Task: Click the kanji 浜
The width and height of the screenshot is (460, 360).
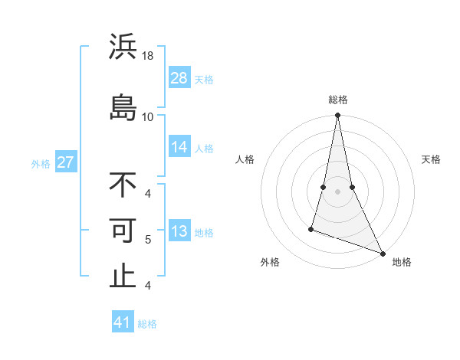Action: [x=123, y=47]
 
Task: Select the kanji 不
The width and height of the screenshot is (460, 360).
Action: [x=123, y=185]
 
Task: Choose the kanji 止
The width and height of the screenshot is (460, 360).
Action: [x=123, y=276]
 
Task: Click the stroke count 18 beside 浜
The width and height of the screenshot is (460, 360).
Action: [x=149, y=57]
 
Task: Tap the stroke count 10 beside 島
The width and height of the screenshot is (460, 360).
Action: [x=148, y=116]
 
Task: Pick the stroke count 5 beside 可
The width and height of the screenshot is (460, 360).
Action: [x=148, y=239]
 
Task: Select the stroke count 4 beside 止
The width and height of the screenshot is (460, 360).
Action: [x=148, y=286]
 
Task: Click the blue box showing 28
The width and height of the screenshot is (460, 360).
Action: [x=179, y=78]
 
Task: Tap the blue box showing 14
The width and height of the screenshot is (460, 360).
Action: [x=179, y=147]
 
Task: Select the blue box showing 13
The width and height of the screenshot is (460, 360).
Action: [x=179, y=231]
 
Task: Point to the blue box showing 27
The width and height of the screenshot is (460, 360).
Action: [x=66, y=162]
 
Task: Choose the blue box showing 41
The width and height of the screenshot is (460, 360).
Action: [x=123, y=322]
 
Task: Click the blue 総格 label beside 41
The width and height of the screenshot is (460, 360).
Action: [x=147, y=324]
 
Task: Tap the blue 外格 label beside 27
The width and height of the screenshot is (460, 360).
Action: [x=41, y=163]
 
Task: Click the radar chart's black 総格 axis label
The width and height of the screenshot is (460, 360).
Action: [x=338, y=100]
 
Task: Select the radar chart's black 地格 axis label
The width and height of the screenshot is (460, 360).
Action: [x=402, y=263]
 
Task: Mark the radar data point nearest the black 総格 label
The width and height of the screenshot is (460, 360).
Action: [x=337, y=116]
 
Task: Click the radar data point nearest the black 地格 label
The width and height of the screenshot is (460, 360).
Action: [x=383, y=254]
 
